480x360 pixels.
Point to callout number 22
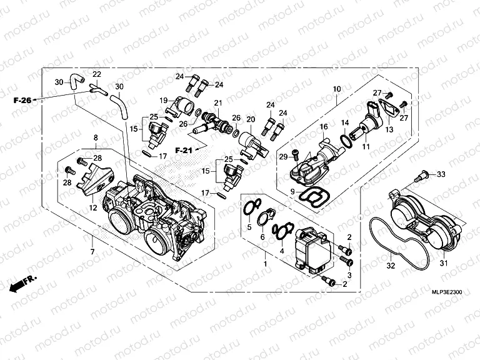tap(97, 75)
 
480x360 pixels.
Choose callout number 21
tap(218, 103)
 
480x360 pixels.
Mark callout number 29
tap(282, 156)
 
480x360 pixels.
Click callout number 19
tap(163, 101)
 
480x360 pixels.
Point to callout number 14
tap(344, 122)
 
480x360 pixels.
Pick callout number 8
tap(96, 137)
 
